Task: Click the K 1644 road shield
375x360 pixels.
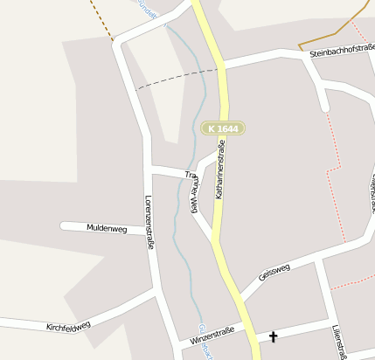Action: pos(222,128)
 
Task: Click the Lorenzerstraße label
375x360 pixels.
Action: pos(149,222)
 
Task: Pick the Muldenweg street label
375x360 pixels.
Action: pos(107,228)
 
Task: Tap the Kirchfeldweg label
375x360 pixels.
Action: pos(68,326)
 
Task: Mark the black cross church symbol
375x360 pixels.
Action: pos(273,336)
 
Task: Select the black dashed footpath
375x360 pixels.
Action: pos(175,79)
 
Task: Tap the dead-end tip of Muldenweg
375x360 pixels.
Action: pos(64,225)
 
